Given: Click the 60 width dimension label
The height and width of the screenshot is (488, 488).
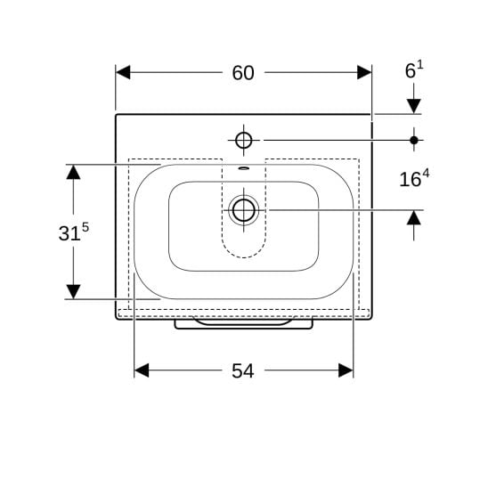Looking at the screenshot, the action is pos(243,73).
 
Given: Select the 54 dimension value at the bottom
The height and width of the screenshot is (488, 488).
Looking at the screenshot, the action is pos(243,371).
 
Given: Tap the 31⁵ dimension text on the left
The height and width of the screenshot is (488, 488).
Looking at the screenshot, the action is pos(73,232).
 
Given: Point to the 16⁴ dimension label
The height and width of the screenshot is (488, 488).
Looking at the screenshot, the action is pos(414,178).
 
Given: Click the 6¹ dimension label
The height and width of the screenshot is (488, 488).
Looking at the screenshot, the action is pos(414,69).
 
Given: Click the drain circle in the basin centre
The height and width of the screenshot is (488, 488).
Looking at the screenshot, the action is pos(244,210).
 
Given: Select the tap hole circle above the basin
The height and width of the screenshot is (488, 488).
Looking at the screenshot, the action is pos(244,141).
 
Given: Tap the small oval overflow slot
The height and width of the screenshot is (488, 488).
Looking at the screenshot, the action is pos(244,168).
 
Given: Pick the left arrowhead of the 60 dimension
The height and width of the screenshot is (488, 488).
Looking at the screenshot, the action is pos(123,72).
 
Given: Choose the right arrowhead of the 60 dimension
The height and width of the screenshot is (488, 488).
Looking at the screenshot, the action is pos(364,72).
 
